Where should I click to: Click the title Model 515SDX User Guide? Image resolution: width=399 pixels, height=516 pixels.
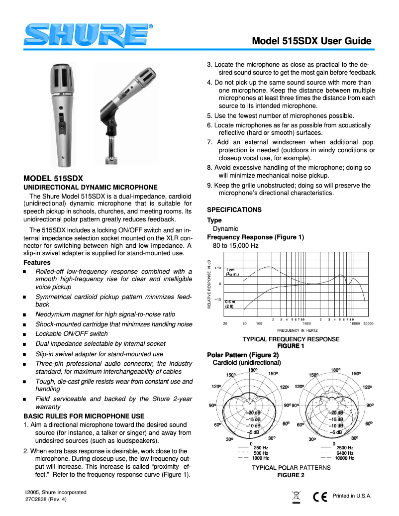(x=311, y=41)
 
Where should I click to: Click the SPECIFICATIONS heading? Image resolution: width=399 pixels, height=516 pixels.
(x=234, y=209)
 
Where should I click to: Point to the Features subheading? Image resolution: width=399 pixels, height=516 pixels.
(x=37, y=262)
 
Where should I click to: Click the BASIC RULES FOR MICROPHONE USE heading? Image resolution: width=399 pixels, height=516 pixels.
(x=84, y=416)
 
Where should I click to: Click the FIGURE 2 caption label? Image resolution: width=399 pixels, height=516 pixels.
(x=291, y=475)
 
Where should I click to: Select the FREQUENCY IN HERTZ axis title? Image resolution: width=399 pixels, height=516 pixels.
(x=297, y=330)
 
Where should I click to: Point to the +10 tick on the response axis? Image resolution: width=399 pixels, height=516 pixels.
(x=218, y=268)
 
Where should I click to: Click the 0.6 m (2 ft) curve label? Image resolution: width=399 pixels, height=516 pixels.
(x=230, y=304)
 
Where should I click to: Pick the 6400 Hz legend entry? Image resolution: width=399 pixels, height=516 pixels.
(x=345, y=453)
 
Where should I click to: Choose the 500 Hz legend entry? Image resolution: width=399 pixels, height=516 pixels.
(x=261, y=453)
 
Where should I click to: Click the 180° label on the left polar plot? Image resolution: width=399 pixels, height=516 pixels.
(x=253, y=370)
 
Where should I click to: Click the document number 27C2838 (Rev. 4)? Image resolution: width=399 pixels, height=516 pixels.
(x=45, y=500)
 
